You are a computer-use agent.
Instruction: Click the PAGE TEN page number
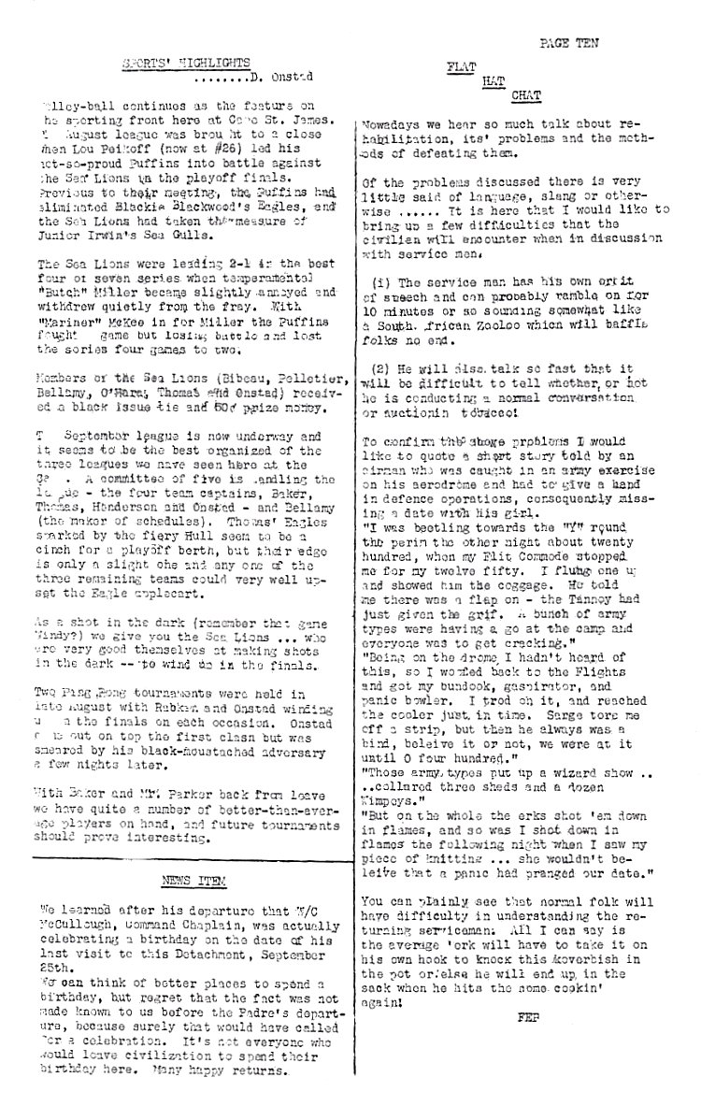tap(568, 43)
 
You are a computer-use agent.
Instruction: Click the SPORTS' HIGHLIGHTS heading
tap(187, 63)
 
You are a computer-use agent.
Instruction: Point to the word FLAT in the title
tap(461, 68)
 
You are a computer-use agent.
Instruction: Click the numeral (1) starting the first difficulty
tap(381, 281)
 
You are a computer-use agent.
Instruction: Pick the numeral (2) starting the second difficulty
tap(381, 367)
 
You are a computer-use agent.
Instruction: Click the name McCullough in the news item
tap(78, 921)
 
